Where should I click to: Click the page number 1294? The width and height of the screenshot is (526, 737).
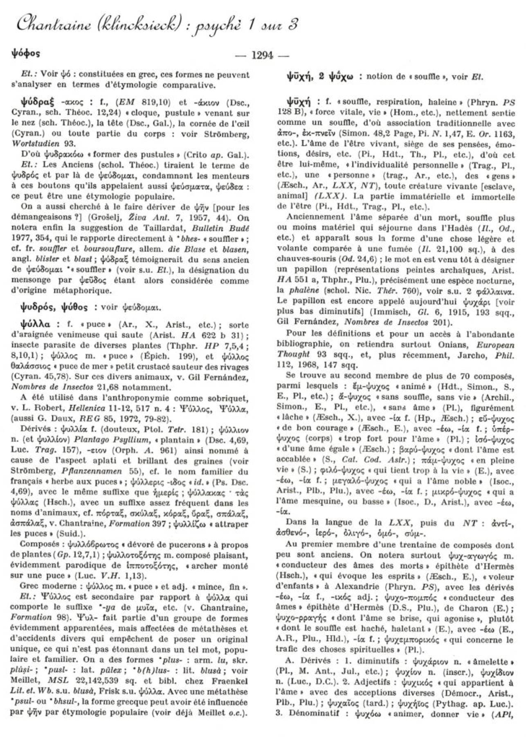point(262,55)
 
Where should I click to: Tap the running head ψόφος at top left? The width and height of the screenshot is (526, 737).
point(26,54)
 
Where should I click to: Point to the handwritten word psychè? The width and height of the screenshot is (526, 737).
point(220,26)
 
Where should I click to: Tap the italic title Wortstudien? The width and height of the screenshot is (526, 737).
point(32,144)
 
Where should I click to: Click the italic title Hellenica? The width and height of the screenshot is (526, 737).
point(86,408)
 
